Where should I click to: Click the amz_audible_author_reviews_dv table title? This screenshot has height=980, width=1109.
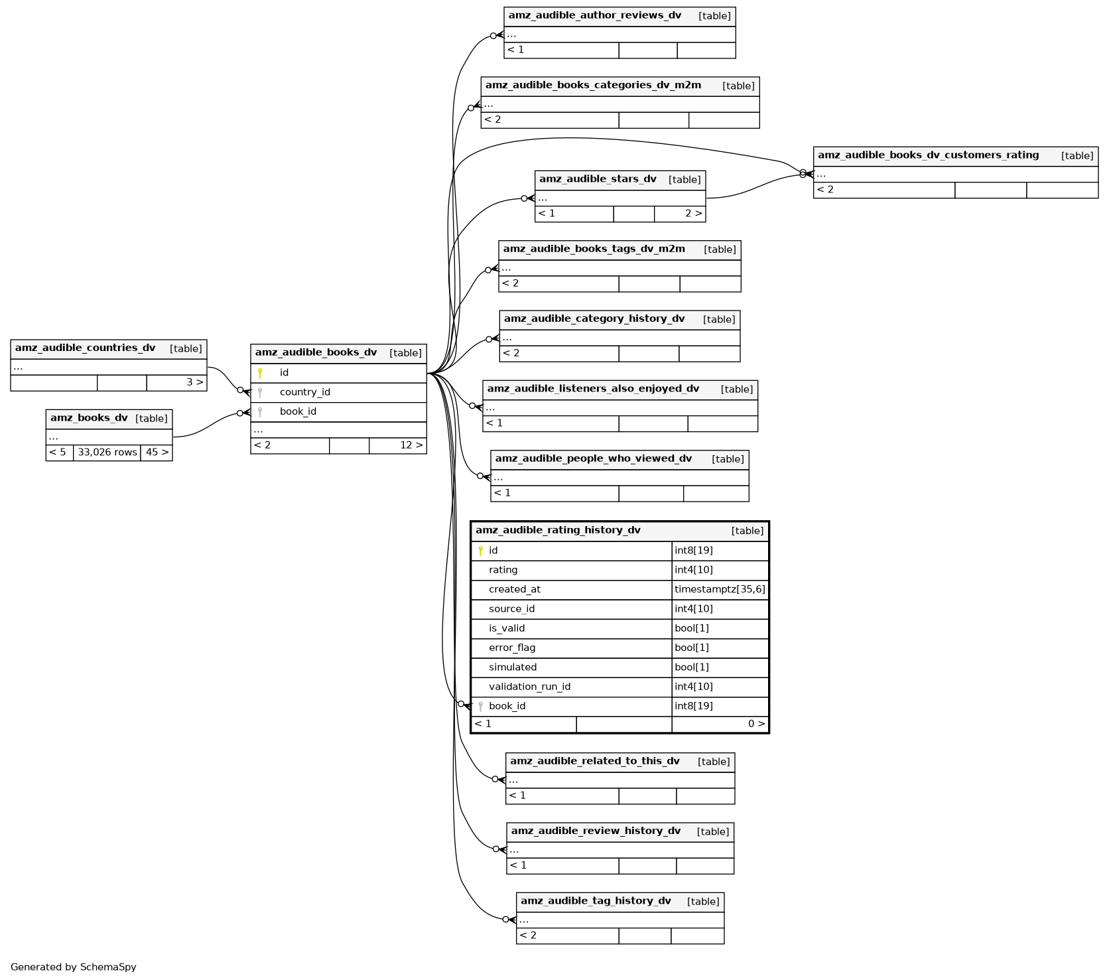click(594, 16)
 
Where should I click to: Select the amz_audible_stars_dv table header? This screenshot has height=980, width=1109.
click(598, 179)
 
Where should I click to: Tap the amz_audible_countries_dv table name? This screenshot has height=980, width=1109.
click(85, 348)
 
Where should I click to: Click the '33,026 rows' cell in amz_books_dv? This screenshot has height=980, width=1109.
click(107, 453)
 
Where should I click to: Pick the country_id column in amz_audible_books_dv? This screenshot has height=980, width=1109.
click(304, 392)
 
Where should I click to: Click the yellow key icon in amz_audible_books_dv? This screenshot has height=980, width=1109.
click(260, 373)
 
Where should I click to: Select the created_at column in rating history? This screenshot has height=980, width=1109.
click(514, 589)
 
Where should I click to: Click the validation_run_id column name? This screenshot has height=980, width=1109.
click(529, 687)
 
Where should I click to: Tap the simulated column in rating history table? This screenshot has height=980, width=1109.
click(513, 667)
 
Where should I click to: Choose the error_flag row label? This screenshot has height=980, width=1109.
click(511, 648)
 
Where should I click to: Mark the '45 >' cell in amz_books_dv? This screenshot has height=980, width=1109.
click(157, 453)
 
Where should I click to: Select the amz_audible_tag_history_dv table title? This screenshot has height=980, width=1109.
click(596, 901)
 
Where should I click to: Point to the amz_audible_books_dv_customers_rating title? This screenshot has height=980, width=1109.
click(928, 155)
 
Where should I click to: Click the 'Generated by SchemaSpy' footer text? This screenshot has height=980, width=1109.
click(74, 967)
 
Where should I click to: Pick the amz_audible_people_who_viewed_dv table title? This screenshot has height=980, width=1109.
click(593, 458)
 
